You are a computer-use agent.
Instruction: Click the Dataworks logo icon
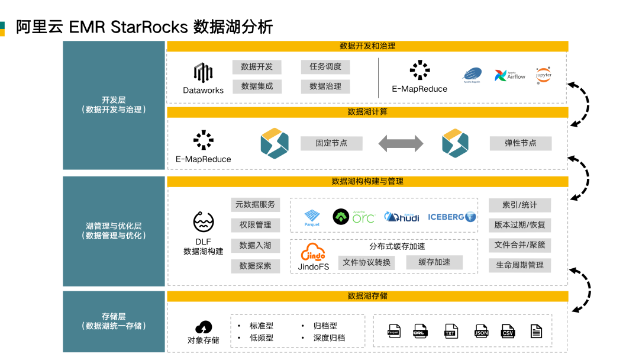(x=203, y=73)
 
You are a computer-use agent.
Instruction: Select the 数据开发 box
(x=257, y=67)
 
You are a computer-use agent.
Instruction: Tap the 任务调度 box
(x=325, y=67)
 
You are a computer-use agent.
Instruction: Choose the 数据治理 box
(x=325, y=86)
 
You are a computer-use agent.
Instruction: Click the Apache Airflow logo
(x=509, y=75)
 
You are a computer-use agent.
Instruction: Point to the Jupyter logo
(x=543, y=75)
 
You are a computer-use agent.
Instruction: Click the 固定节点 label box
(x=331, y=143)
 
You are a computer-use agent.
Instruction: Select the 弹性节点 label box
(x=520, y=143)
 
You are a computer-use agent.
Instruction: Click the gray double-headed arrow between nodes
(x=401, y=143)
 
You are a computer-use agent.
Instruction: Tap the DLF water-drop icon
(x=203, y=222)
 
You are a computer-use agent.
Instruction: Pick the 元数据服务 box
(x=255, y=205)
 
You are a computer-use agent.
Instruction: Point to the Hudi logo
(x=402, y=217)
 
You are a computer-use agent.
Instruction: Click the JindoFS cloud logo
(x=313, y=253)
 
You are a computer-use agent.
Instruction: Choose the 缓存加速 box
(x=434, y=262)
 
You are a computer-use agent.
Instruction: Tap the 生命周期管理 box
(x=519, y=265)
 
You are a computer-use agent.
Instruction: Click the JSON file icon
(x=481, y=331)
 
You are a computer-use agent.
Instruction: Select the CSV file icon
(x=508, y=331)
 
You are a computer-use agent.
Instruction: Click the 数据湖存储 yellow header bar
(x=367, y=296)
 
